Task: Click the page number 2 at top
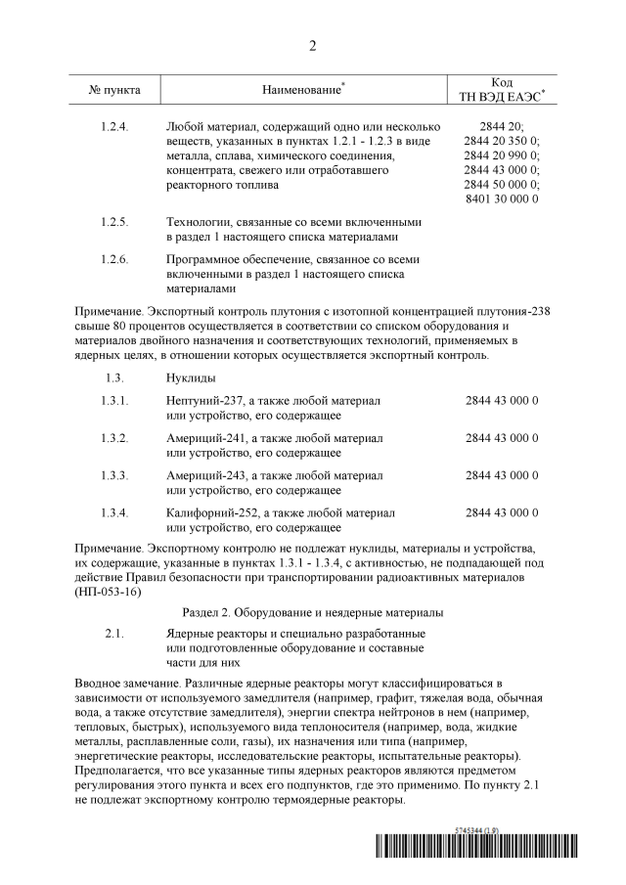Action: coord(313,46)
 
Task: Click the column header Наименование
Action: coord(301,90)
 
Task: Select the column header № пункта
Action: coord(114,90)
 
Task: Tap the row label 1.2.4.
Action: coord(114,126)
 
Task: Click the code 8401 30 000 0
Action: coord(502,199)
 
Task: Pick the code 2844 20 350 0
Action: coord(502,141)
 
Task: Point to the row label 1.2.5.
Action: coord(114,222)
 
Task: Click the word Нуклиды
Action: coord(190,376)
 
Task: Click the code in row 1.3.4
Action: coord(502,512)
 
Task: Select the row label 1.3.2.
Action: coord(114,438)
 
